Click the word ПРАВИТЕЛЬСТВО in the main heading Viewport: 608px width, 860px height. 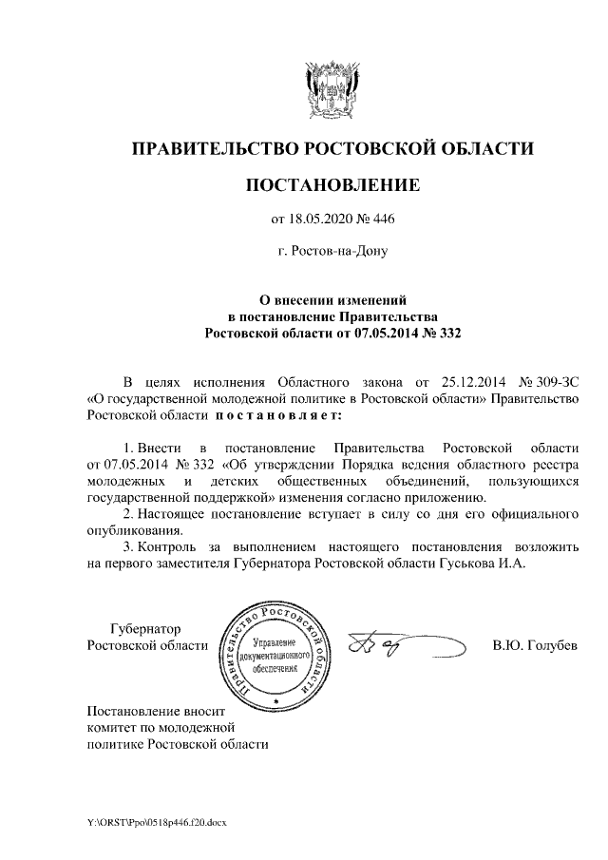(212, 148)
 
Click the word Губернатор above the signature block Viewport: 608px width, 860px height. (145, 629)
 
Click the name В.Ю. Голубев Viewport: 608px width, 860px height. (534, 646)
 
